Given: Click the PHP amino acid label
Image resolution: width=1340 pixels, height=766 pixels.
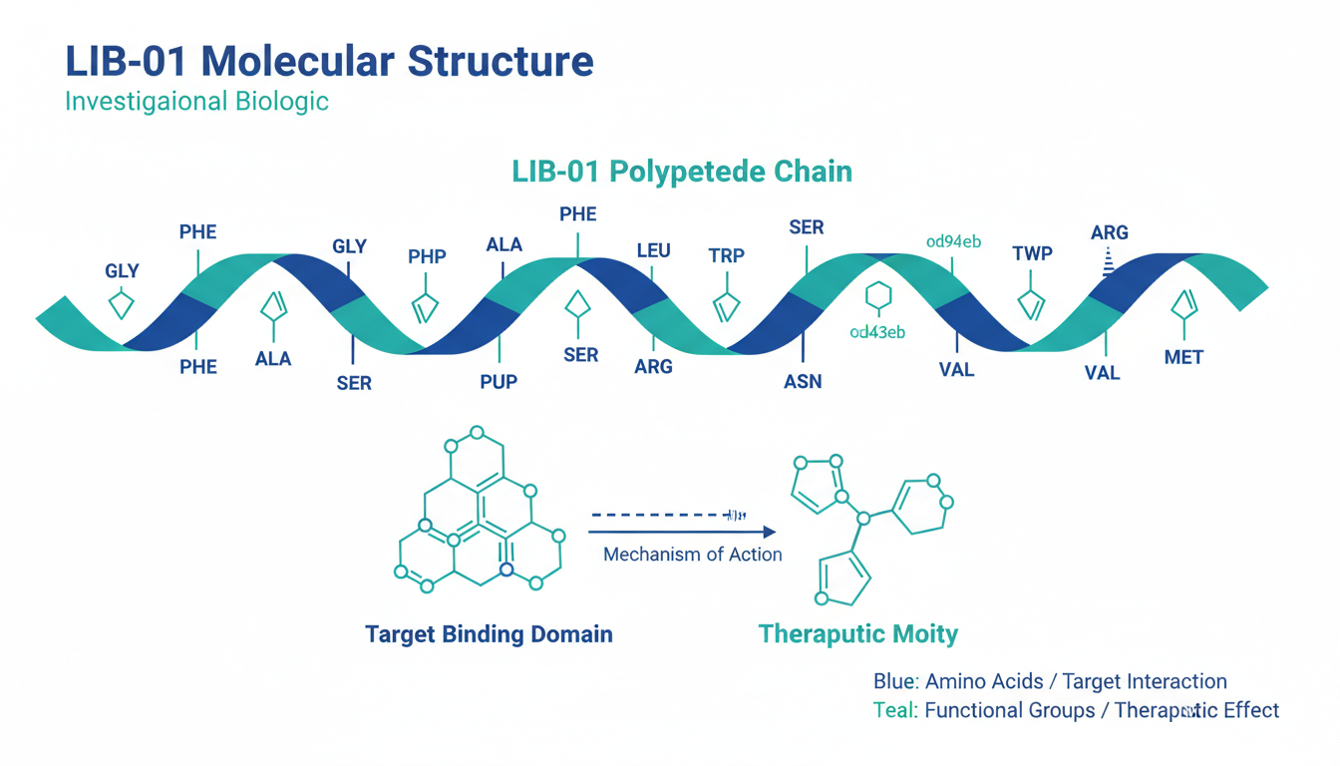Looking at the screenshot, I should (427, 256).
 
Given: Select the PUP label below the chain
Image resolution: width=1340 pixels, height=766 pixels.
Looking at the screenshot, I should (499, 382).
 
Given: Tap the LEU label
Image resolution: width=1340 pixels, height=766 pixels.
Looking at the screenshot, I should (653, 250).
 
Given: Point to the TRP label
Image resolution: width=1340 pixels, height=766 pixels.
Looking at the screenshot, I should (726, 255).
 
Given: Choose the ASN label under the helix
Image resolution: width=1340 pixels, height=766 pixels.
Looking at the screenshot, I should (803, 382).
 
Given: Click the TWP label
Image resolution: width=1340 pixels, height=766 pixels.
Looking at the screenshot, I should (1032, 253).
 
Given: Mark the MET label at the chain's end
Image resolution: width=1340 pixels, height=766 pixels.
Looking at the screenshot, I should (1183, 357).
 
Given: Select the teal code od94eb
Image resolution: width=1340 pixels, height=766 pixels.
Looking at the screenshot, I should (953, 241).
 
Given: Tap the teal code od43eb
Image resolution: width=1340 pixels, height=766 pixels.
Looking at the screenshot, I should (877, 332).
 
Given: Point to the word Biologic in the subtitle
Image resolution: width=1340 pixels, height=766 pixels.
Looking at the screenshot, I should (282, 102).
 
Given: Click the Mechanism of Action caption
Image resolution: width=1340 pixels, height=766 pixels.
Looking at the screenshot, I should (692, 555).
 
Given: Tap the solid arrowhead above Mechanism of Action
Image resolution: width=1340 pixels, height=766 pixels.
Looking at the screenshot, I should (768, 534).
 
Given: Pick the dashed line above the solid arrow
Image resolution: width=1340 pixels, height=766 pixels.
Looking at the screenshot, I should (658, 516).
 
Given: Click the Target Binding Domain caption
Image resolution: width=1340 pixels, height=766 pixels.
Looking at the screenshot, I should (489, 634).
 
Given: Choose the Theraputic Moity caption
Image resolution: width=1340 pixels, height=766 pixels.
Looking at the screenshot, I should (857, 634).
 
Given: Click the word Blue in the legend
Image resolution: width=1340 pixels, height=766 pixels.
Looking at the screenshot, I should (894, 682).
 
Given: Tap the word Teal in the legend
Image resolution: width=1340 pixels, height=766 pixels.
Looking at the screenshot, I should (894, 711).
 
